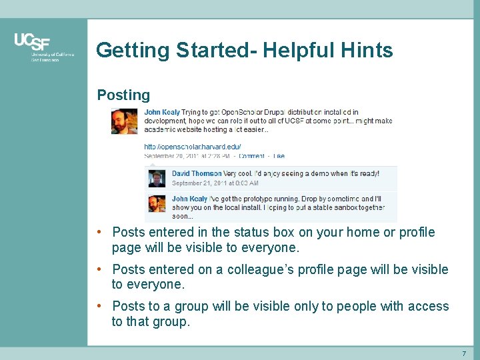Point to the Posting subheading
123,95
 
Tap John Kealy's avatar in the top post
124,121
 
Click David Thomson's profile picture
157,179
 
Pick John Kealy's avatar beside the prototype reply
157,204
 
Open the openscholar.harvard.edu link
193,147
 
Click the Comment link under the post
251,156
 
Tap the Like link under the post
279,156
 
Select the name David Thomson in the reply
197,173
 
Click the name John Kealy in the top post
162,112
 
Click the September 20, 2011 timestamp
186,156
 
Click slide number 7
464,353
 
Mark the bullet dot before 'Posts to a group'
98,306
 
